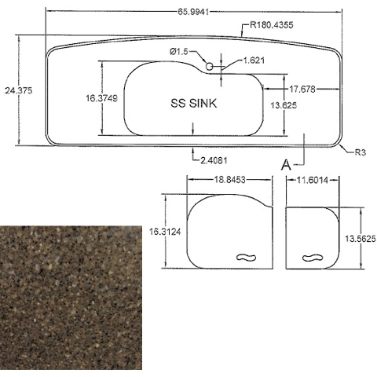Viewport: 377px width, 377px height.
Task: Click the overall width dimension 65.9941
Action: click(x=193, y=12)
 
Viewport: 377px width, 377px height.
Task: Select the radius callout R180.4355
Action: click(x=272, y=25)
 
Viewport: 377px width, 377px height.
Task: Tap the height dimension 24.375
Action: click(x=19, y=90)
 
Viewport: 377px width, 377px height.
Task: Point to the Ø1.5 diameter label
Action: click(x=179, y=52)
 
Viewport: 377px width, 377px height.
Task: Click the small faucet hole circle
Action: click(x=209, y=67)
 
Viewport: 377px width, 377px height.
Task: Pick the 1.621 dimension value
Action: click(x=254, y=60)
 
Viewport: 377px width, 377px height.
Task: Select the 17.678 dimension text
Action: click(x=302, y=90)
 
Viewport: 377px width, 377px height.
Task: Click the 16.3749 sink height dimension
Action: click(x=102, y=98)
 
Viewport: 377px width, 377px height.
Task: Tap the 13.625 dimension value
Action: click(x=284, y=105)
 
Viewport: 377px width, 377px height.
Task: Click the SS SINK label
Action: click(x=194, y=103)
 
